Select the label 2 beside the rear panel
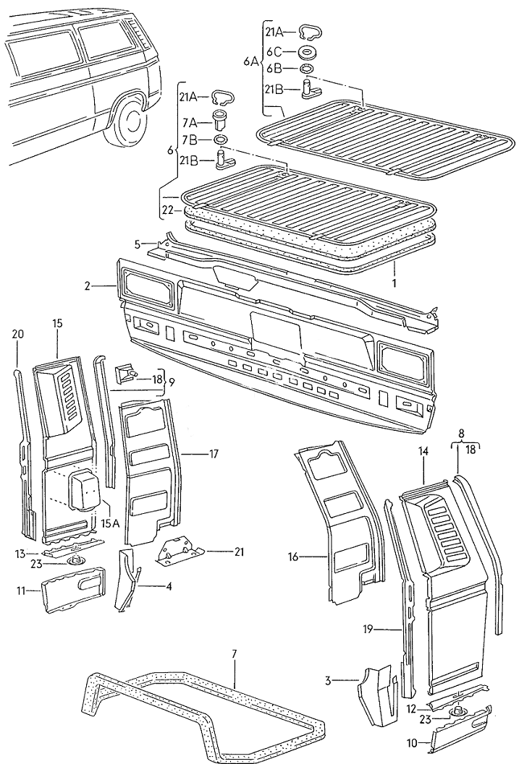[x=88, y=286]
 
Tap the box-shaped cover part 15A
[x=85, y=489]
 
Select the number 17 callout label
[x=214, y=454]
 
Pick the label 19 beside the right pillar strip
[x=368, y=630]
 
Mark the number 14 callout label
[x=423, y=452]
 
